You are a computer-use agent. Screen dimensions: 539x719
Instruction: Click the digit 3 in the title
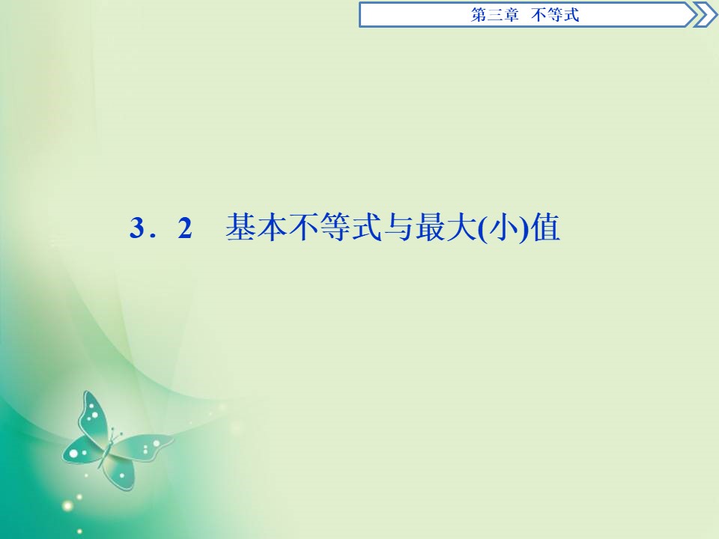pos(136,229)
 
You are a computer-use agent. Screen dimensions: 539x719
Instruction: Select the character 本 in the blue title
pos(273,228)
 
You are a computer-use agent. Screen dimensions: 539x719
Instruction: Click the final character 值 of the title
pos(546,228)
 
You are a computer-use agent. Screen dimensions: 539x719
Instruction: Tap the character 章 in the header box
pos(512,15)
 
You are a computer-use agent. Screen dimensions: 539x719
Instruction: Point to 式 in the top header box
pos(572,15)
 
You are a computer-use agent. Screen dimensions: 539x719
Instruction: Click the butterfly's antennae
pos(114,433)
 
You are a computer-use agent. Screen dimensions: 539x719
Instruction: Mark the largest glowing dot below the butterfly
pos(68,506)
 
